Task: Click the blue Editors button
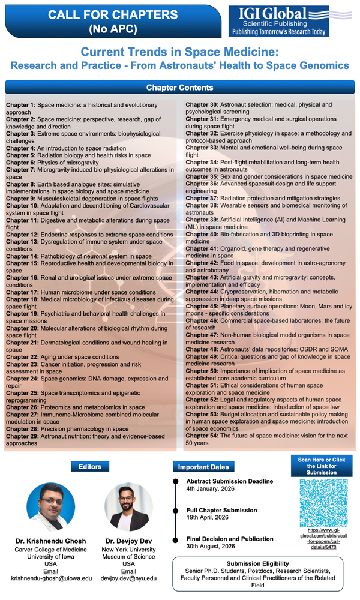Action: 90,466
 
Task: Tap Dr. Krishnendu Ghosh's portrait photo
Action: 51,507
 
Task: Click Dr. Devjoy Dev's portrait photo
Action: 128,507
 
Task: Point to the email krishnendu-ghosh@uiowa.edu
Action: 52,578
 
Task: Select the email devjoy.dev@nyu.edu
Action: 128,578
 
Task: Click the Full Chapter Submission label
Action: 221,509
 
